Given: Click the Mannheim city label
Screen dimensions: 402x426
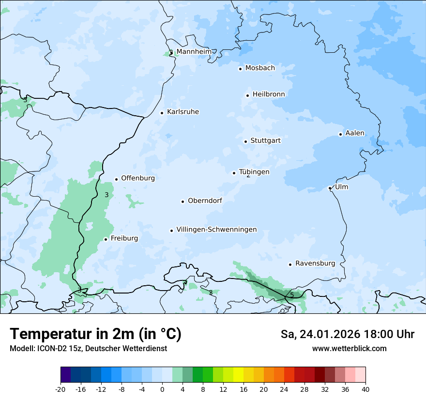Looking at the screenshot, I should click(194, 51).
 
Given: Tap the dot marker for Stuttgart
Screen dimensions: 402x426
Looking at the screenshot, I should click(245, 141).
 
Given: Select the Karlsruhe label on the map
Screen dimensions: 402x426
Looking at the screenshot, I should click(183, 112).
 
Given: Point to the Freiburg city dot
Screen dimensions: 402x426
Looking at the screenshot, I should click(106, 239).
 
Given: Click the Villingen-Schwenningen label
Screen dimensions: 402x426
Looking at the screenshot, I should click(216, 230).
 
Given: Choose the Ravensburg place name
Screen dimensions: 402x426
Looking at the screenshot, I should click(315, 263).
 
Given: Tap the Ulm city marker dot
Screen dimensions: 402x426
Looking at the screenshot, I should click(330, 188).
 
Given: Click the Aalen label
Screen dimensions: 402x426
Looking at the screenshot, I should click(355, 133).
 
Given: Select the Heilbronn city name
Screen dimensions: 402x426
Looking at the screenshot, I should click(269, 94).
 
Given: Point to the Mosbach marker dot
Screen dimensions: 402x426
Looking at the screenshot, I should click(240, 69).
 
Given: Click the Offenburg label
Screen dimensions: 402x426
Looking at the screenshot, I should click(138, 178).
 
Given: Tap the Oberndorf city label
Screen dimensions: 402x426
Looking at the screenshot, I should click(205, 201).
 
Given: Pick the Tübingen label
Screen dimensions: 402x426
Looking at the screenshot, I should click(254, 172).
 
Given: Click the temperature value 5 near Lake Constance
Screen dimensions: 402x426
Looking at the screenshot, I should click(292, 294).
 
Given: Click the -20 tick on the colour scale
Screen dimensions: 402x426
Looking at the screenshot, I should click(61, 389).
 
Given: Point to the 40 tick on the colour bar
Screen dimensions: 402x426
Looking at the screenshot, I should click(365, 389).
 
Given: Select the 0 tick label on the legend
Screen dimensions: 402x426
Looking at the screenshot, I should click(162, 389).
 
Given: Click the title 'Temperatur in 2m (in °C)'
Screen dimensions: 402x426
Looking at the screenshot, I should click(96, 334).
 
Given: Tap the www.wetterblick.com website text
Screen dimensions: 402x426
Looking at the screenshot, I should click(350, 348).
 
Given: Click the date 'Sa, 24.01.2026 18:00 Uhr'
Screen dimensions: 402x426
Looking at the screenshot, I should click(347, 334).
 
